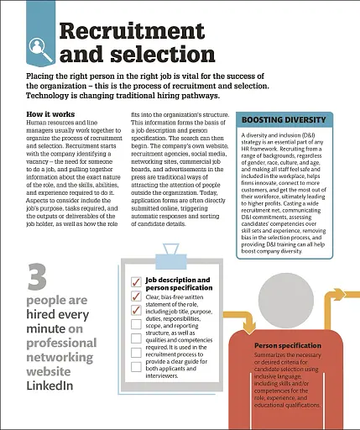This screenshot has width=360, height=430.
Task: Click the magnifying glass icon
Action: coord(37,45)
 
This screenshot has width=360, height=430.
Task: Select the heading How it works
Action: coord(51,114)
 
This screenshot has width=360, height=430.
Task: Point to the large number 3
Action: coord(37,277)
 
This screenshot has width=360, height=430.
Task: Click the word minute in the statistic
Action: coord(46,329)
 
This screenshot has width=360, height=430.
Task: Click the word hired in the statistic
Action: coord(44,315)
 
